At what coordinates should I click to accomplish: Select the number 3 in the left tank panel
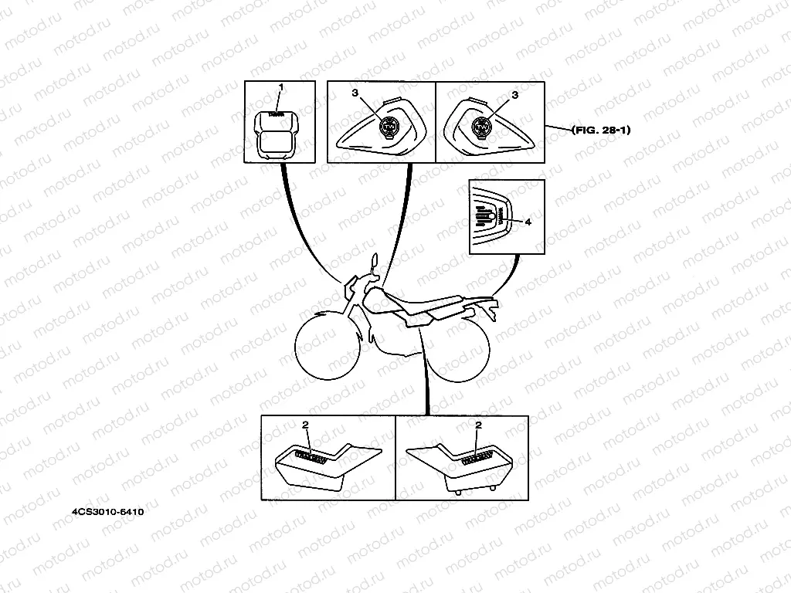click(355, 93)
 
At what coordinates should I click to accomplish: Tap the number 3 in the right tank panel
click(514, 93)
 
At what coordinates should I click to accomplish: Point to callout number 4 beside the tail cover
click(528, 222)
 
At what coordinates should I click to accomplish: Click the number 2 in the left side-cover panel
click(306, 425)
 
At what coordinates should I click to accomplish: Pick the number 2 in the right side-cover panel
click(479, 425)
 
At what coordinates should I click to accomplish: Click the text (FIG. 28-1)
click(602, 130)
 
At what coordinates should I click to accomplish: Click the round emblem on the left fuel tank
click(389, 127)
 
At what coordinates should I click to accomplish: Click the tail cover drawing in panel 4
click(493, 220)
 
